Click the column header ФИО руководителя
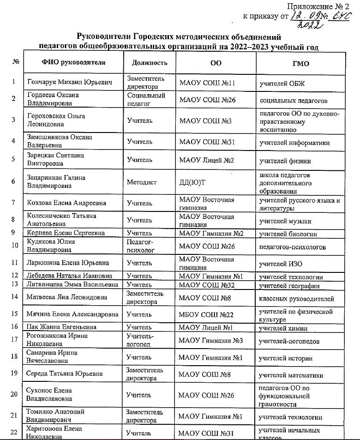74,63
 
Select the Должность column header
146,63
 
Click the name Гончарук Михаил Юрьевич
70,83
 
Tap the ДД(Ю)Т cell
192,182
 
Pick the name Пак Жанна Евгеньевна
61,327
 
